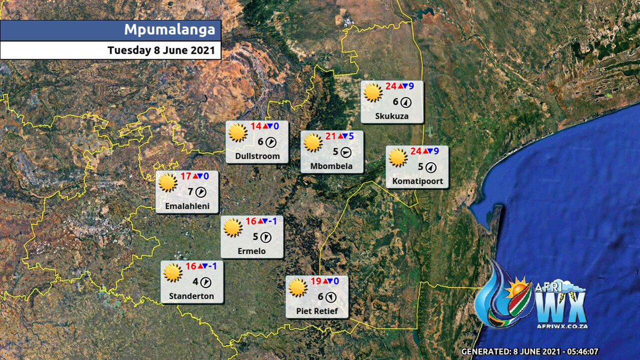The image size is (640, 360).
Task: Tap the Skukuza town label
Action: [x=392, y=116]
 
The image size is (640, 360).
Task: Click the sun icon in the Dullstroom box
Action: [x=237, y=133]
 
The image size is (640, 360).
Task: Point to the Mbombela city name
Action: [x=331, y=166]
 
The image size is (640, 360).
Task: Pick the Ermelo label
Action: [x=252, y=251]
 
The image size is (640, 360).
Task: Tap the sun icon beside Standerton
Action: [x=173, y=273]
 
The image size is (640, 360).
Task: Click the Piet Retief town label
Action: [x=317, y=311]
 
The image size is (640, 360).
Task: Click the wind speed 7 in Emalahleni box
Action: [x=190, y=191]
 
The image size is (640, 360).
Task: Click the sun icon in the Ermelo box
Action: [x=233, y=228]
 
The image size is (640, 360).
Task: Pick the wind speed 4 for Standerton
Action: [x=195, y=282]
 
